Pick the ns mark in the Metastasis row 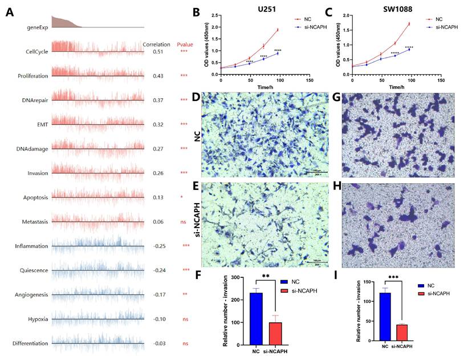coord(184,221)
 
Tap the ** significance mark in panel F coord(266,277)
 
